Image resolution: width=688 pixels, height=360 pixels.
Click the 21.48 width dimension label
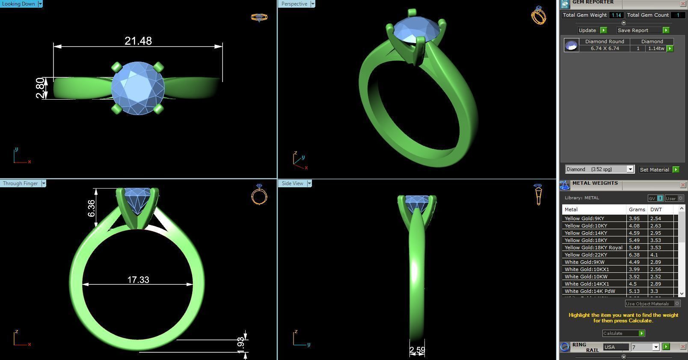pos(138,41)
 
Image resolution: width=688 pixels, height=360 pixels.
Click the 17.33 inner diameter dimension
pos(138,280)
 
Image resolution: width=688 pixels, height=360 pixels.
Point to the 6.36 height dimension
pos(92,208)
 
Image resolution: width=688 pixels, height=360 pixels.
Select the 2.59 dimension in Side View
pos(417,351)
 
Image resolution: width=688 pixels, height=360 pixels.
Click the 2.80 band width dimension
pos(40,88)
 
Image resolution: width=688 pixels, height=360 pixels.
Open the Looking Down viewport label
pos(19,4)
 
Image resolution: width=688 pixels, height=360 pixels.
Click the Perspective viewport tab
pos(294,4)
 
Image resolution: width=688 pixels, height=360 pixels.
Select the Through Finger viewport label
pos(21,183)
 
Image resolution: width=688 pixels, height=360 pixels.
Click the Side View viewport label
pos(293,183)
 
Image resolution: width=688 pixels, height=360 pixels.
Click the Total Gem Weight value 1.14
pos(616,15)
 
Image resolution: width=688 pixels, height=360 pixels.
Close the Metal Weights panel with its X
pos(683,185)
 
